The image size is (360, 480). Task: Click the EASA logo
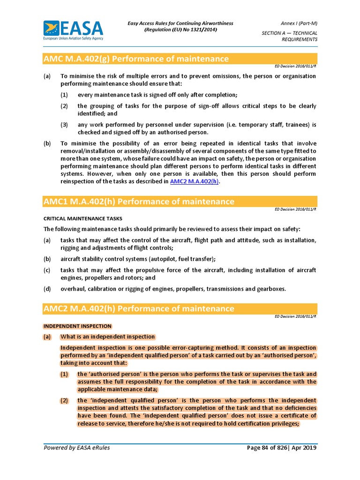pyautogui.click(x=73, y=30)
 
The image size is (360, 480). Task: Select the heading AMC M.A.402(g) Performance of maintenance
pyautogui.click(x=136, y=59)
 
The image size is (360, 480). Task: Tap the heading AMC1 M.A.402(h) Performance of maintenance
pyautogui.click(x=139, y=202)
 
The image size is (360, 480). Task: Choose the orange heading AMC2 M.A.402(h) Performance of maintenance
pyautogui.click(x=139, y=308)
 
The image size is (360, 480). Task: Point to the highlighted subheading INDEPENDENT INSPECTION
pyautogui.click(x=77, y=326)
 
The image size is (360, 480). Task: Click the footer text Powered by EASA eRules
pyautogui.click(x=77, y=448)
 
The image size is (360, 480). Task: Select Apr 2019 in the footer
pyautogui.click(x=306, y=448)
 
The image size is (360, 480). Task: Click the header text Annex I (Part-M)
pyautogui.click(x=298, y=23)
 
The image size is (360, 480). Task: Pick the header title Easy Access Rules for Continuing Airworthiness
pyautogui.click(x=180, y=23)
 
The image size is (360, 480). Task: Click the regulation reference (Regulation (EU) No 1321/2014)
pyautogui.click(x=180, y=30)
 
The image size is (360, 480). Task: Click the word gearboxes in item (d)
pyautogui.click(x=268, y=289)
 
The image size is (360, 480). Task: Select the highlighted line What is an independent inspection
pyautogui.click(x=108, y=337)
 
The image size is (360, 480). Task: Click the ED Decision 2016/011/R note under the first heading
pyautogui.click(x=296, y=67)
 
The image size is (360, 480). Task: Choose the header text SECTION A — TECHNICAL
pyautogui.click(x=289, y=33)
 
